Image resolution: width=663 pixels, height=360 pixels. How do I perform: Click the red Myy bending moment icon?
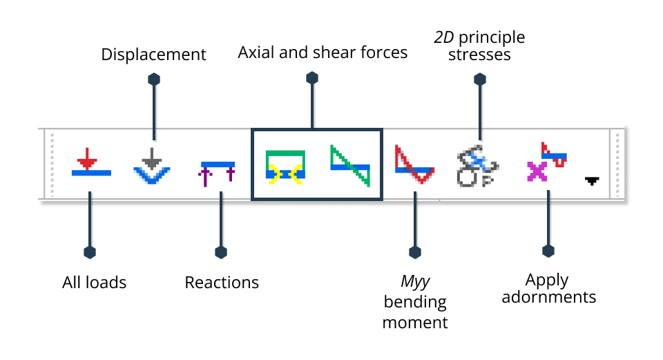pos(414,164)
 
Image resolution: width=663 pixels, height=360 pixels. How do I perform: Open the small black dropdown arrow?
pos(592,181)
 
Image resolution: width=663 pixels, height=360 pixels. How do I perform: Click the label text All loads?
pos(95,282)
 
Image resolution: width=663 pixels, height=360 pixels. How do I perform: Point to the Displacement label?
pos(153,55)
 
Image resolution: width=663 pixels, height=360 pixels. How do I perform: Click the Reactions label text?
pos(222,283)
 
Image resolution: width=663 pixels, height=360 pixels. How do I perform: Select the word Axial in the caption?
pos(256,53)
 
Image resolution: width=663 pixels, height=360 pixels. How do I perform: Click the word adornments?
pos(548,298)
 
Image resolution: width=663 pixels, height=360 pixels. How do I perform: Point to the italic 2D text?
pos(443,37)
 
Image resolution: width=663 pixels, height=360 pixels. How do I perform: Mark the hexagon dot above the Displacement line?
pos(154,79)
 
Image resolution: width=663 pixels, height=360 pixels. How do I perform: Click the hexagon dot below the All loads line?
pos(89,252)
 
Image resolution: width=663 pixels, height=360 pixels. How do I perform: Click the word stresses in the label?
pos(479,55)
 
